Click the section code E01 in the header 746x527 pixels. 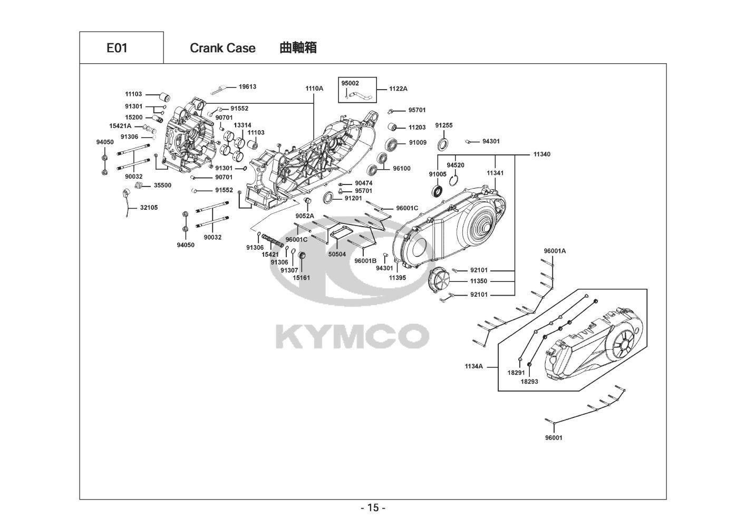click(x=117, y=48)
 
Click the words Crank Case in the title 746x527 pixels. click(x=222, y=48)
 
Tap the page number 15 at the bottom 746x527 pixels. click(x=373, y=508)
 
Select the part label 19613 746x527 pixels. click(x=247, y=86)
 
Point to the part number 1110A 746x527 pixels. click(x=314, y=89)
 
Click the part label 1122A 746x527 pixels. click(x=398, y=89)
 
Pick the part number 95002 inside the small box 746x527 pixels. click(x=350, y=83)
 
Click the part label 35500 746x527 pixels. click(x=162, y=186)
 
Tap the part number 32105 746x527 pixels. click(x=149, y=208)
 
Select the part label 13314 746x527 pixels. click(x=243, y=125)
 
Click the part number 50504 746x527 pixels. click(x=337, y=254)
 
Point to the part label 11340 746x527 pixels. click(x=541, y=154)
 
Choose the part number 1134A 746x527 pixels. click(x=473, y=366)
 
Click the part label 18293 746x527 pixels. click(x=529, y=381)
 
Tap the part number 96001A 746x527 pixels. click(x=555, y=251)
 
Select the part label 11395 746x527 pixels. click(x=398, y=277)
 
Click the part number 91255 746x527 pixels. click(x=444, y=125)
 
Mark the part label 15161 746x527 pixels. click(x=302, y=278)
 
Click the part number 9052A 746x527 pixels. click(x=305, y=216)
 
